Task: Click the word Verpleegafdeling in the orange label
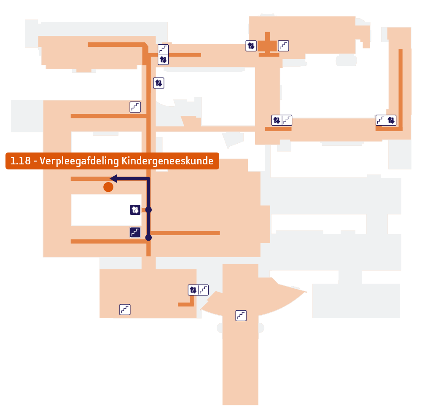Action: click(79, 161)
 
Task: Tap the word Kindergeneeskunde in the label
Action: click(167, 161)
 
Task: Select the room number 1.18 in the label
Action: click(21, 161)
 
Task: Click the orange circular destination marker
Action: click(108, 187)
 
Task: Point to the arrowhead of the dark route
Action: click(113, 178)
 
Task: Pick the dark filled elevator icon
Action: click(135, 209)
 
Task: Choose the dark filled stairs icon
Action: click(135, 232)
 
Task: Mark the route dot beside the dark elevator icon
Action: click(148, 209)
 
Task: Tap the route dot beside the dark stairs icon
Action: click(148, 238)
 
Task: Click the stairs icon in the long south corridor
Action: click(241, 315)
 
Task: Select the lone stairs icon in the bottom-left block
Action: click(125, 310)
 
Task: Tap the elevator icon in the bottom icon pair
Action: click(193, 290)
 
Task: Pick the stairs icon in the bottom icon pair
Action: click(204, 290)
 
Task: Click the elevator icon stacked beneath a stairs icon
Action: click(163, 59)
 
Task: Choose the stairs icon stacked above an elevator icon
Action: click(163, 49)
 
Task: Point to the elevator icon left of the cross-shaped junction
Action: click(251, 46)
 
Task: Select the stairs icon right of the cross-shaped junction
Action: click(283, 46)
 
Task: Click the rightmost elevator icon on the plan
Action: click(391, 120)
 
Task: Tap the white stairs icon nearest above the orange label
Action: click(135, 107)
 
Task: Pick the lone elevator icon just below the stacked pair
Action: click(159, 83)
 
